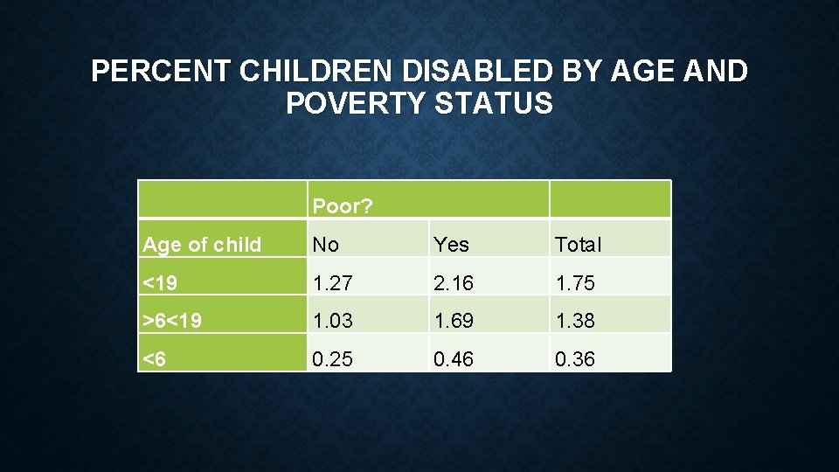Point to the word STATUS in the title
507,104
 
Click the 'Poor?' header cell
342,206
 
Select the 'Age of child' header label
202,245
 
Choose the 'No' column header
325,245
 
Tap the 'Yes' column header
451,245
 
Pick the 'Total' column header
578,245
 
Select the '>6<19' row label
172,321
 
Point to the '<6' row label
155,359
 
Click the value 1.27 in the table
333,282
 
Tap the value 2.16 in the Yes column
454,282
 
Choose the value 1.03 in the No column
333,321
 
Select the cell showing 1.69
454,321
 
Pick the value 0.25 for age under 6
333,359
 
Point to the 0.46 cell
454,359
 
